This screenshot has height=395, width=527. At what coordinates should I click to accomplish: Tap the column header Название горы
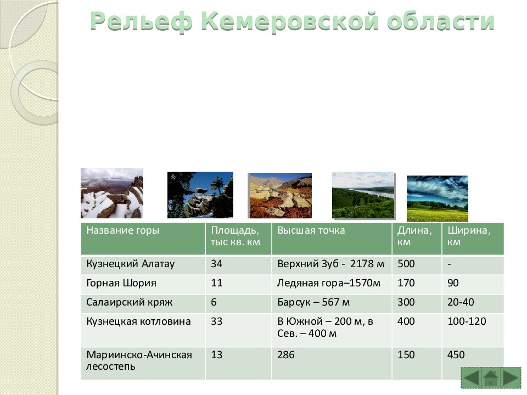coord(122,230)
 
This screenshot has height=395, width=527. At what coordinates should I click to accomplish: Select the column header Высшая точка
coord(311,230)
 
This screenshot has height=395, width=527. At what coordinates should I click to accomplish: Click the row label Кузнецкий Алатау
coord(131,264)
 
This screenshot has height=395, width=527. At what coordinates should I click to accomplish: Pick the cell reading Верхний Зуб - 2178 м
coord(331,264)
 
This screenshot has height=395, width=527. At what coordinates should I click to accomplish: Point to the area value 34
coord(217,264)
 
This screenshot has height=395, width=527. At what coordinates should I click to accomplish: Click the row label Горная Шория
coord(121,283)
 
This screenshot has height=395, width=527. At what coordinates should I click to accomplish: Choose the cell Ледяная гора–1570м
coord(329,283)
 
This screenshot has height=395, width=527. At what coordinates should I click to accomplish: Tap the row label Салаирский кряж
coord(130,302)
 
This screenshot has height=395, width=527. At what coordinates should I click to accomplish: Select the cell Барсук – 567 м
coord(313,302)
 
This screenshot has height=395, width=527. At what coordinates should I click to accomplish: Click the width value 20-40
coord(461,302)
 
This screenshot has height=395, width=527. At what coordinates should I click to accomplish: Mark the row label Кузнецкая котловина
coord(138,321)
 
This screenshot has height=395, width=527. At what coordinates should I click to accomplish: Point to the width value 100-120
coord(467,321)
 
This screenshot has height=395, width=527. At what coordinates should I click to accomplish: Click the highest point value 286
coord(286,355)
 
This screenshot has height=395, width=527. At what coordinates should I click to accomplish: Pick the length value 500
coord(406,264)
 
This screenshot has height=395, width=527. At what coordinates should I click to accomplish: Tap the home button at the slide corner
coord(490,379)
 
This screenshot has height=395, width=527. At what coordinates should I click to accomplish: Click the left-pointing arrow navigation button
coord(470,379)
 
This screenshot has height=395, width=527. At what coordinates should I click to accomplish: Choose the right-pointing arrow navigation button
coord(511,379)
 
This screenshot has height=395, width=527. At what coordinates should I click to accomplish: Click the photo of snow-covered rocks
coord(112,193)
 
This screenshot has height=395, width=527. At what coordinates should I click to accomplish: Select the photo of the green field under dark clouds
coord(438,198)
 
